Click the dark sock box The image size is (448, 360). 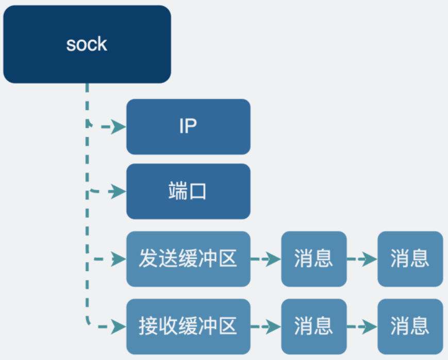tap(87, 44)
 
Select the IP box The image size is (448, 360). tap(188, 126)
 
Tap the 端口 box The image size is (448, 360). tap(188, 191)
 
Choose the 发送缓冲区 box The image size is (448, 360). tap(188, 259)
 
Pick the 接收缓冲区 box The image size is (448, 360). tap(188, 326)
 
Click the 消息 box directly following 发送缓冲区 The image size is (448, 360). tap(313, 259)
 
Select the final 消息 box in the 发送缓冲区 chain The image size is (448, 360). tap(410, 259)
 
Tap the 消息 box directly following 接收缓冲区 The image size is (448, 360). tap(313, 326)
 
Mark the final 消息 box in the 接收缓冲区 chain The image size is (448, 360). tap(410, 326)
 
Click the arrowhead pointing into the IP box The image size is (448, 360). tap(120, 127)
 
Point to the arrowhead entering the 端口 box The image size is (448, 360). tap(120, 192)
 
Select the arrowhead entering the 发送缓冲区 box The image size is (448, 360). tap(120, 259)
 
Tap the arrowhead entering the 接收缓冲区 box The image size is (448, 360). tap(120, 326)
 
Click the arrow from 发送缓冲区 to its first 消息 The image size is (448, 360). tap(266, 259)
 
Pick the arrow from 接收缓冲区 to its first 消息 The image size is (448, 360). tap(266, 326)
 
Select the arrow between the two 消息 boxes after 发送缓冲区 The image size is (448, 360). tap(362, 259)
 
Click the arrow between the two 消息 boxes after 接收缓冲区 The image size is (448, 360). tap(362, 326)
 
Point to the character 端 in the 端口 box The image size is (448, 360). tap(177, 191)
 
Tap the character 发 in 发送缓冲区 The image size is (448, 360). tap(148, 259)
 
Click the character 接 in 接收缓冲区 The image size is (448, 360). tap(148, 326)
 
